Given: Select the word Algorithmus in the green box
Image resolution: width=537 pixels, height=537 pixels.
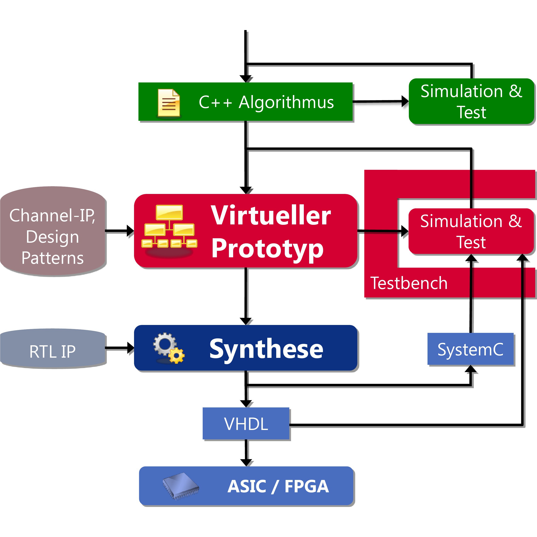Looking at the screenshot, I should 286,102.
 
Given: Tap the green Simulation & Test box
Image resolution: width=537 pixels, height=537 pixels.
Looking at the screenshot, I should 471,102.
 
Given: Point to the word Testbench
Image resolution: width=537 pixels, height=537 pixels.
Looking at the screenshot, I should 409,283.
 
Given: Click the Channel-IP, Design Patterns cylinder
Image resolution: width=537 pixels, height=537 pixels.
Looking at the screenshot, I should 53,231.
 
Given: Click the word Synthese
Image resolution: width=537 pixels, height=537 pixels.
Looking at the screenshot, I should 266,349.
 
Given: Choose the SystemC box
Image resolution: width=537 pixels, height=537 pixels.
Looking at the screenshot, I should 470,349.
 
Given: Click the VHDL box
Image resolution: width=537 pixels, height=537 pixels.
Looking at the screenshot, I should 246,424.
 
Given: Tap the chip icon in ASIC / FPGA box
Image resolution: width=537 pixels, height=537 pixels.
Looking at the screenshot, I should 181,486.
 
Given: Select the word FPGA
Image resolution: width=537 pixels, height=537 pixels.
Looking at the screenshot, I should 306,486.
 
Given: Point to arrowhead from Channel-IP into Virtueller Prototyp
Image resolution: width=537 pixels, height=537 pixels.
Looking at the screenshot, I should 130,231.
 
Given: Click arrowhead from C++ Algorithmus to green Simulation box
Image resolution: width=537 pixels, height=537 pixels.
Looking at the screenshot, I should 405,102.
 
